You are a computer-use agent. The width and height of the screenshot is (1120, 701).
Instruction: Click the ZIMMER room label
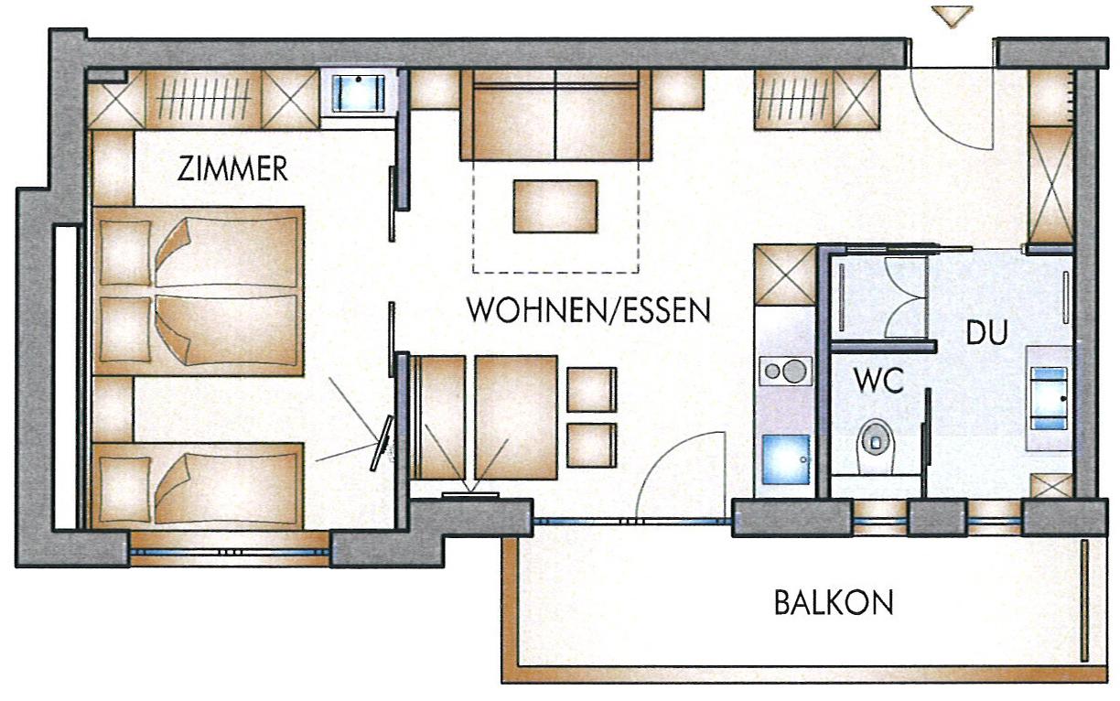click(x=232, y=169)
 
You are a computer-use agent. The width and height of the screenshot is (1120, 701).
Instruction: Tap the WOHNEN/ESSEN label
click(x=588, y=310)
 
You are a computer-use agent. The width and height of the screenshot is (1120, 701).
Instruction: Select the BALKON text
click(x=834, y=602)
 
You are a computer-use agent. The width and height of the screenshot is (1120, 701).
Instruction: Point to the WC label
click(x=879, y=381)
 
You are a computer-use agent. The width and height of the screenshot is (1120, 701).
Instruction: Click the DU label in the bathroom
click(x=986, y=332)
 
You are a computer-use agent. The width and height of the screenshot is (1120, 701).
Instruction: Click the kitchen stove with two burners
click(x=785, y=371)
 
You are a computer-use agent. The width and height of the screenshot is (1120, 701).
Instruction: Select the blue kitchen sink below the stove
click(x=785, y=459)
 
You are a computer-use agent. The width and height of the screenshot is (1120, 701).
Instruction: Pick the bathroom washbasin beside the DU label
click(x=1049, y=398)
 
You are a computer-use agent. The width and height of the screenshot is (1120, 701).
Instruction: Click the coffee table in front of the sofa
click(x=555, y=207)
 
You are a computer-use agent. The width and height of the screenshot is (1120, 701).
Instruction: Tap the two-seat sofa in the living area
click(x=555, y=115)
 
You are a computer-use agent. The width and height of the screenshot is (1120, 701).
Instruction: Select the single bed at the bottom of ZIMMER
click(x=199, y=485)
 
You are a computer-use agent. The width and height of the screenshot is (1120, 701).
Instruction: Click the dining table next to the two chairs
click(x=516, y=417)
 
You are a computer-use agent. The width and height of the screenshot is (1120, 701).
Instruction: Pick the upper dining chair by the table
click(x=591, y=390)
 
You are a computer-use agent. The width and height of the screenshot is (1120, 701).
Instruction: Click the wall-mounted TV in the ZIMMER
click(x=382, y=443)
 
